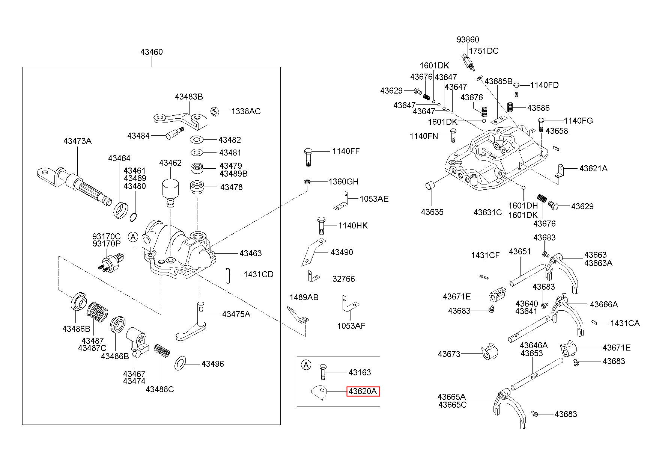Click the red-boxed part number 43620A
[x=363, y=391]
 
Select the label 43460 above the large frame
[x=152, y=52]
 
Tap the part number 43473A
[x=77, y=141]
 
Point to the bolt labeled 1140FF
[x=308, y=157]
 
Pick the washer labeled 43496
[x=181, y=363]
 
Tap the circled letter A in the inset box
[x=307, y=364]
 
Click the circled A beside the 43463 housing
[x=133, y=237]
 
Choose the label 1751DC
[x=484, y=51]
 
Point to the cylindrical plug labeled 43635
[x=430, y=185]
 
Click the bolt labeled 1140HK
[x=321, y=225]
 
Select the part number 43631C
[x=487, y=212]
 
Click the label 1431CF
[x=485, y=255]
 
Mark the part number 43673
[x=449, y=354]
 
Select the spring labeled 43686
[x=510, y=107]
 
